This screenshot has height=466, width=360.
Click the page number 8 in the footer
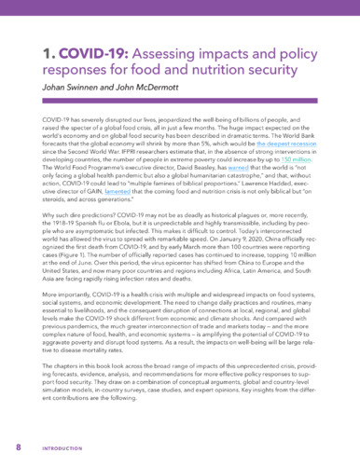pyautogui.click(x=18, y=446)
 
